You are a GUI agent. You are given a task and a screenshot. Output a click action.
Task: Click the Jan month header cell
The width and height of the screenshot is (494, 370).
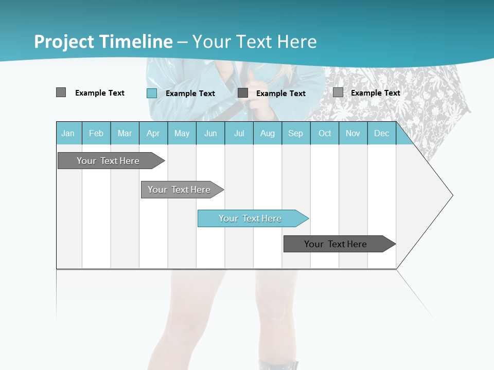coord(68,133)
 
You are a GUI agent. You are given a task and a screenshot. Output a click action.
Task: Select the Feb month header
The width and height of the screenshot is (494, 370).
coord(96,133)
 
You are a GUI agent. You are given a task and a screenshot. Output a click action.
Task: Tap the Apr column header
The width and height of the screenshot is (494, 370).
coord(153,133)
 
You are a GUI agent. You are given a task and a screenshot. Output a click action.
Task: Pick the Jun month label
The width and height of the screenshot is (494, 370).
coord(210,133)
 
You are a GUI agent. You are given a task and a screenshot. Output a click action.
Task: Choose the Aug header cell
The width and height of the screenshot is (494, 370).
coord(267,133)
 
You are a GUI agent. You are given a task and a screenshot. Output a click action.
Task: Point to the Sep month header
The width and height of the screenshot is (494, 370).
coord(295,133)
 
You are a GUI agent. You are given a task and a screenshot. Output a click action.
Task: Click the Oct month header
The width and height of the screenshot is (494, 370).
coord(325,133)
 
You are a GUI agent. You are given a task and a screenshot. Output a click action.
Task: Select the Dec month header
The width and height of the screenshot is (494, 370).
coord(381,133)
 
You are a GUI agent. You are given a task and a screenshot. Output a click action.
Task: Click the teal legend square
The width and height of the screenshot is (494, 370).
coord(152,93)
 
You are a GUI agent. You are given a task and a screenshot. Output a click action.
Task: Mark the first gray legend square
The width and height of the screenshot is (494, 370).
coord(61,92)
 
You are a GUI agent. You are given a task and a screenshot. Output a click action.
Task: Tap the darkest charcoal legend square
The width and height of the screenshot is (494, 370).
coord(243,93)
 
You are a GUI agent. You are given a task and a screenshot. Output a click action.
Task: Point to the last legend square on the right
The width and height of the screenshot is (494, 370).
coord(338,92)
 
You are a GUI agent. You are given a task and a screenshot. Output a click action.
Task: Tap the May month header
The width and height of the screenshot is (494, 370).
coord(182,133)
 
